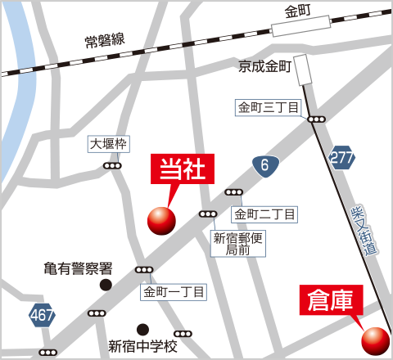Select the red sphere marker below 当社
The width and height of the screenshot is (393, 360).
pyautogui.click(x=161, y=219)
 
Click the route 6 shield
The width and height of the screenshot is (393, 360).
pyautogui.click(x=264, y=166)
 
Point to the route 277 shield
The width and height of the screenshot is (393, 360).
pyautogui.click(x=343, y=158)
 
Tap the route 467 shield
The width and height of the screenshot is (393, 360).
pyautogui.click(x=43, y=314)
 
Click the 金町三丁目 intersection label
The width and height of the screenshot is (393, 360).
pyautogui.click(x=268, y=107)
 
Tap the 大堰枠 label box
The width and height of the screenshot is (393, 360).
pyautogui.click(x=109, y=145)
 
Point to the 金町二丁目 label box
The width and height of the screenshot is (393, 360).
pyautogui.click(x=264, y=214)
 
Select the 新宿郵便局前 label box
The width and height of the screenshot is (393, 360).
pyautogui.click(x=237, y=244)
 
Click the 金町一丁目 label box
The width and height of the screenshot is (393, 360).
pyautogui.click(x=175, y=290)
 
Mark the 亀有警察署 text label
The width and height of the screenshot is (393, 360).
pyautogui.click(x=78, y=268)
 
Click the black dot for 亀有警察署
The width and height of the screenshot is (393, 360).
pyautogui.click(x=106, y=285)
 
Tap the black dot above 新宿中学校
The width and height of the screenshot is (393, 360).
pyautogui.click(x=143, y=328)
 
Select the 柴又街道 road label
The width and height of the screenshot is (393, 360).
pyautogui.click(x=363, y=232)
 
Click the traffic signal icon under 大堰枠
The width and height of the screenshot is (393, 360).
pyautogui.click(x=111, y=165)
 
